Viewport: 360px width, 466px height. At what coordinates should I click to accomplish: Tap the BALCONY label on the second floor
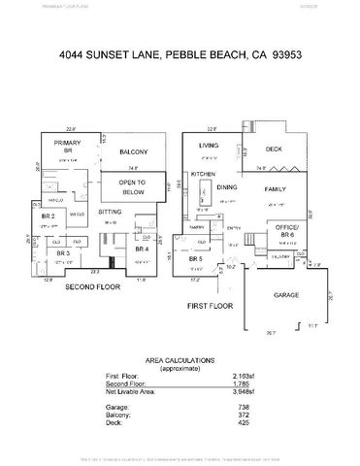tap(132, 152)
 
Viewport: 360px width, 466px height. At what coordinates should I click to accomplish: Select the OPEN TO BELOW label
tap(132, 186)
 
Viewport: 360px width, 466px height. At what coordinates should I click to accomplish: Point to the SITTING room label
tap(111, 210)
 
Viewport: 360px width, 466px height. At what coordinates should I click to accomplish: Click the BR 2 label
tap(47, 216)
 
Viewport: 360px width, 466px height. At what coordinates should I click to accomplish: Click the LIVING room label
tap(208, 146)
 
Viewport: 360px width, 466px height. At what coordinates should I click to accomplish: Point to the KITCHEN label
tap(203, 174)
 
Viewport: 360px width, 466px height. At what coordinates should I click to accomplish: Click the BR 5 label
tap(197, 260)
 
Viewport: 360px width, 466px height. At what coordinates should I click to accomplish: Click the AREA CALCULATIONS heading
tap(180, 358)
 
